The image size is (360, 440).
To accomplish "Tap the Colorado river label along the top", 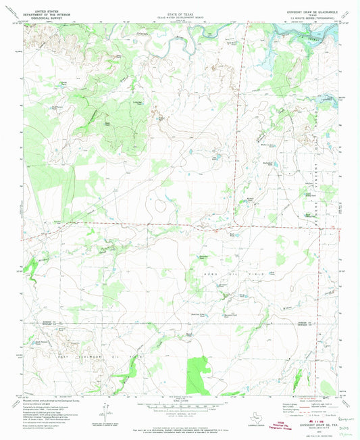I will click(142, 32).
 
